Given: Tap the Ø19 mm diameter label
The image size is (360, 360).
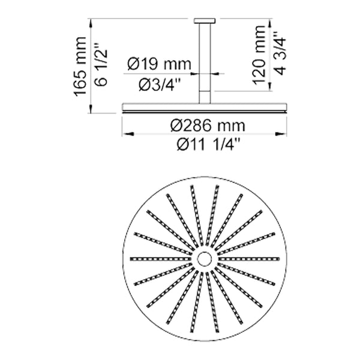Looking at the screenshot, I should [x=160, y=62].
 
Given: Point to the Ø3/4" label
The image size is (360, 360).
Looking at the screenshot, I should [x=160, y=84].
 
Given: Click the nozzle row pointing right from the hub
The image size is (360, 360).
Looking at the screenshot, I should [x=249, y=259].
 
